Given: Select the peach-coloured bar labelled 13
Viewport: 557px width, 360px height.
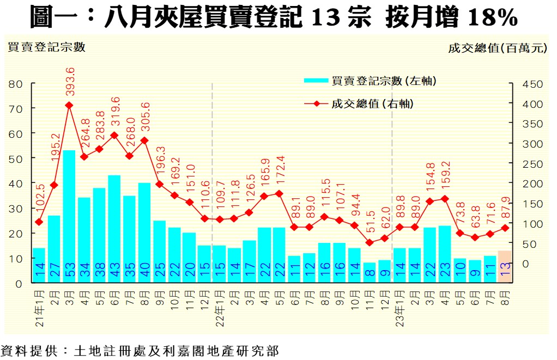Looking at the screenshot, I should [x=505, y=266].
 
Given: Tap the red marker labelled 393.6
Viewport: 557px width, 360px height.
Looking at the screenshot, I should [x=69, y=105].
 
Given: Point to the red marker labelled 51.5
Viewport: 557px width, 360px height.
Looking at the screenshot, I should [x=370, y=242].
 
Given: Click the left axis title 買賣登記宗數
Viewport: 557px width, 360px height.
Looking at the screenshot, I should [x=46, y=47].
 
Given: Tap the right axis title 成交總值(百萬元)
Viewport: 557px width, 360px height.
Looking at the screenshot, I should [x=497, y=48].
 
